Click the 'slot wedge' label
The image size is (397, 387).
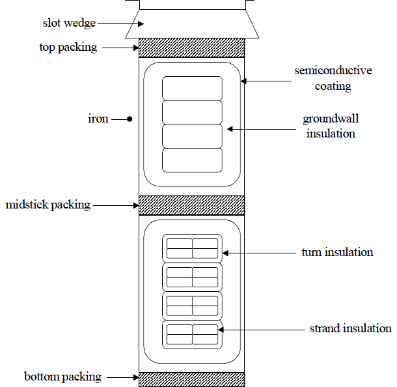click(x=69, y=23)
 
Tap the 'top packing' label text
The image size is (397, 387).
click(x=68, y=48)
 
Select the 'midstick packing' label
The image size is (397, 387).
click(x=48, y=205)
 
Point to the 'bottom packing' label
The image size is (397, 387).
click(x=62, y=377)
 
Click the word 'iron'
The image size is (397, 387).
click(x=98, y=119)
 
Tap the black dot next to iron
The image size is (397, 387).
click(x=130, y=119)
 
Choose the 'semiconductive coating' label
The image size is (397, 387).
click(x=333, y=78)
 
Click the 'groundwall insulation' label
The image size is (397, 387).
click(x=331, y=126)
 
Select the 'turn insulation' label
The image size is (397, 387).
click(x=337, y=252)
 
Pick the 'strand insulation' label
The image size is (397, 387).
click(x=351, y=328)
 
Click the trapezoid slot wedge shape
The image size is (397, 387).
click(x=192, y=24)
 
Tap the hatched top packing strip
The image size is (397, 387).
click(x=192, y=48)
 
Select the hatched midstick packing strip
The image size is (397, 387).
click(x=192, y=205)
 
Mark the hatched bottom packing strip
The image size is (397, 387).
click(x=192, y=380)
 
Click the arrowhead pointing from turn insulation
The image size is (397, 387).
click(x=225, y=253)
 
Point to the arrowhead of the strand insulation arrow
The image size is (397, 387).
click(x=221, y=330)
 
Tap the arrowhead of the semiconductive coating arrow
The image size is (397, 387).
click(x=243, y=81)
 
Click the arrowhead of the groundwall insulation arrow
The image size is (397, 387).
click(x=230, y=129)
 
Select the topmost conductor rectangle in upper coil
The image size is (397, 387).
click(x=192, y=89)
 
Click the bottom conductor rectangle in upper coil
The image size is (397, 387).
click(x=192, y=160)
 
